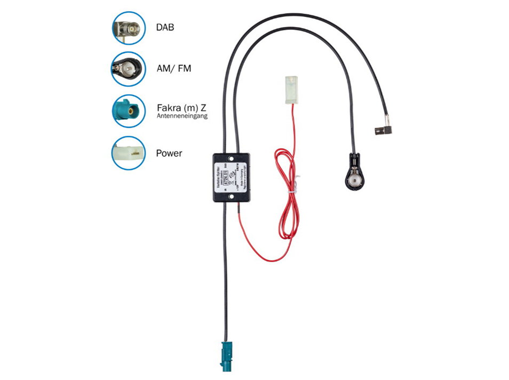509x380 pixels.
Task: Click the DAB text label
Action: (165, 27)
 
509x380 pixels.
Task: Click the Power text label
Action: (169, 153)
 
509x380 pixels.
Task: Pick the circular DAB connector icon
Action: (128, 27)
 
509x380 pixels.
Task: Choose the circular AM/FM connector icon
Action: (128, 69)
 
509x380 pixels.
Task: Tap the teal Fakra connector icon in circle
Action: (128, 110)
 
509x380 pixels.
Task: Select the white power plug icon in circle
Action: (128, 153)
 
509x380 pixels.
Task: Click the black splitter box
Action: (231, 177)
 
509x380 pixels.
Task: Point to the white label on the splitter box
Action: (231, 177)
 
